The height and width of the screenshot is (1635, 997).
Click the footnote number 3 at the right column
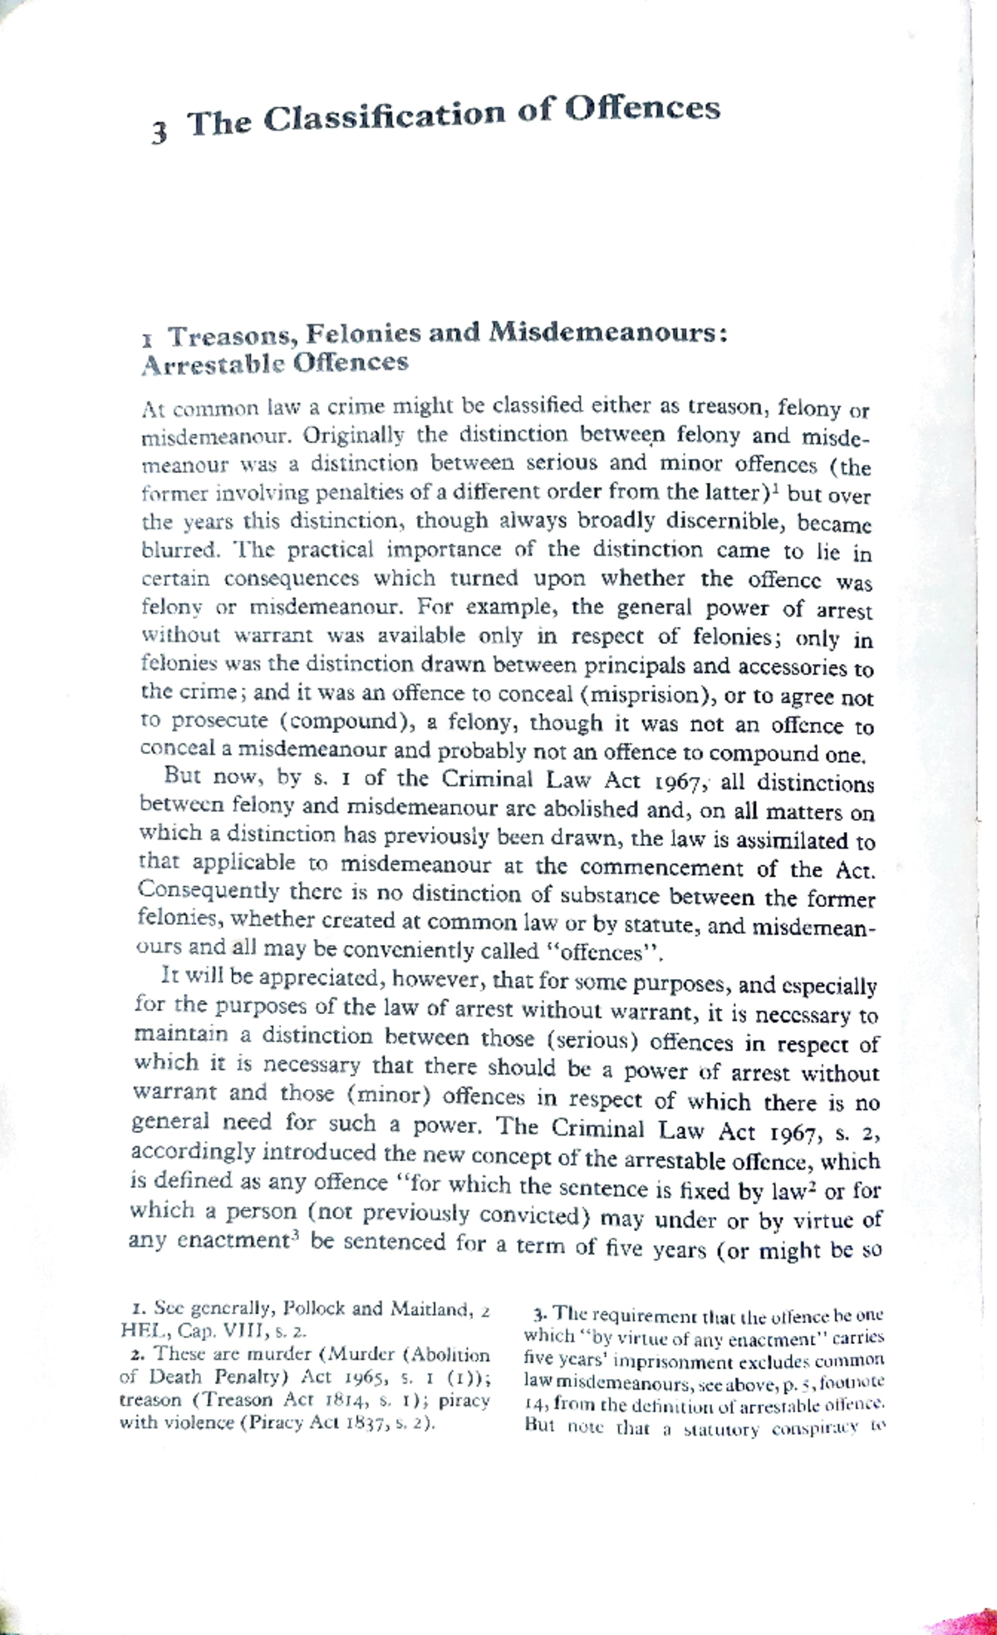(539, 1316)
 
